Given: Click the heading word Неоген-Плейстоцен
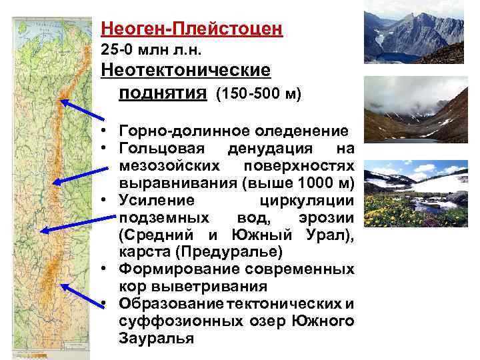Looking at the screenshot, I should [x=192, y=30].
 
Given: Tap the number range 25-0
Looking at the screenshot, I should [x=119, y=50].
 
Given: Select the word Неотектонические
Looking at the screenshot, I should [x=185, y=71].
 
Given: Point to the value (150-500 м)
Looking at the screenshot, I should [x=259, y=94].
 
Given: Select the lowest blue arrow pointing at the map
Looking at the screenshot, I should [x=83, y=293].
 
